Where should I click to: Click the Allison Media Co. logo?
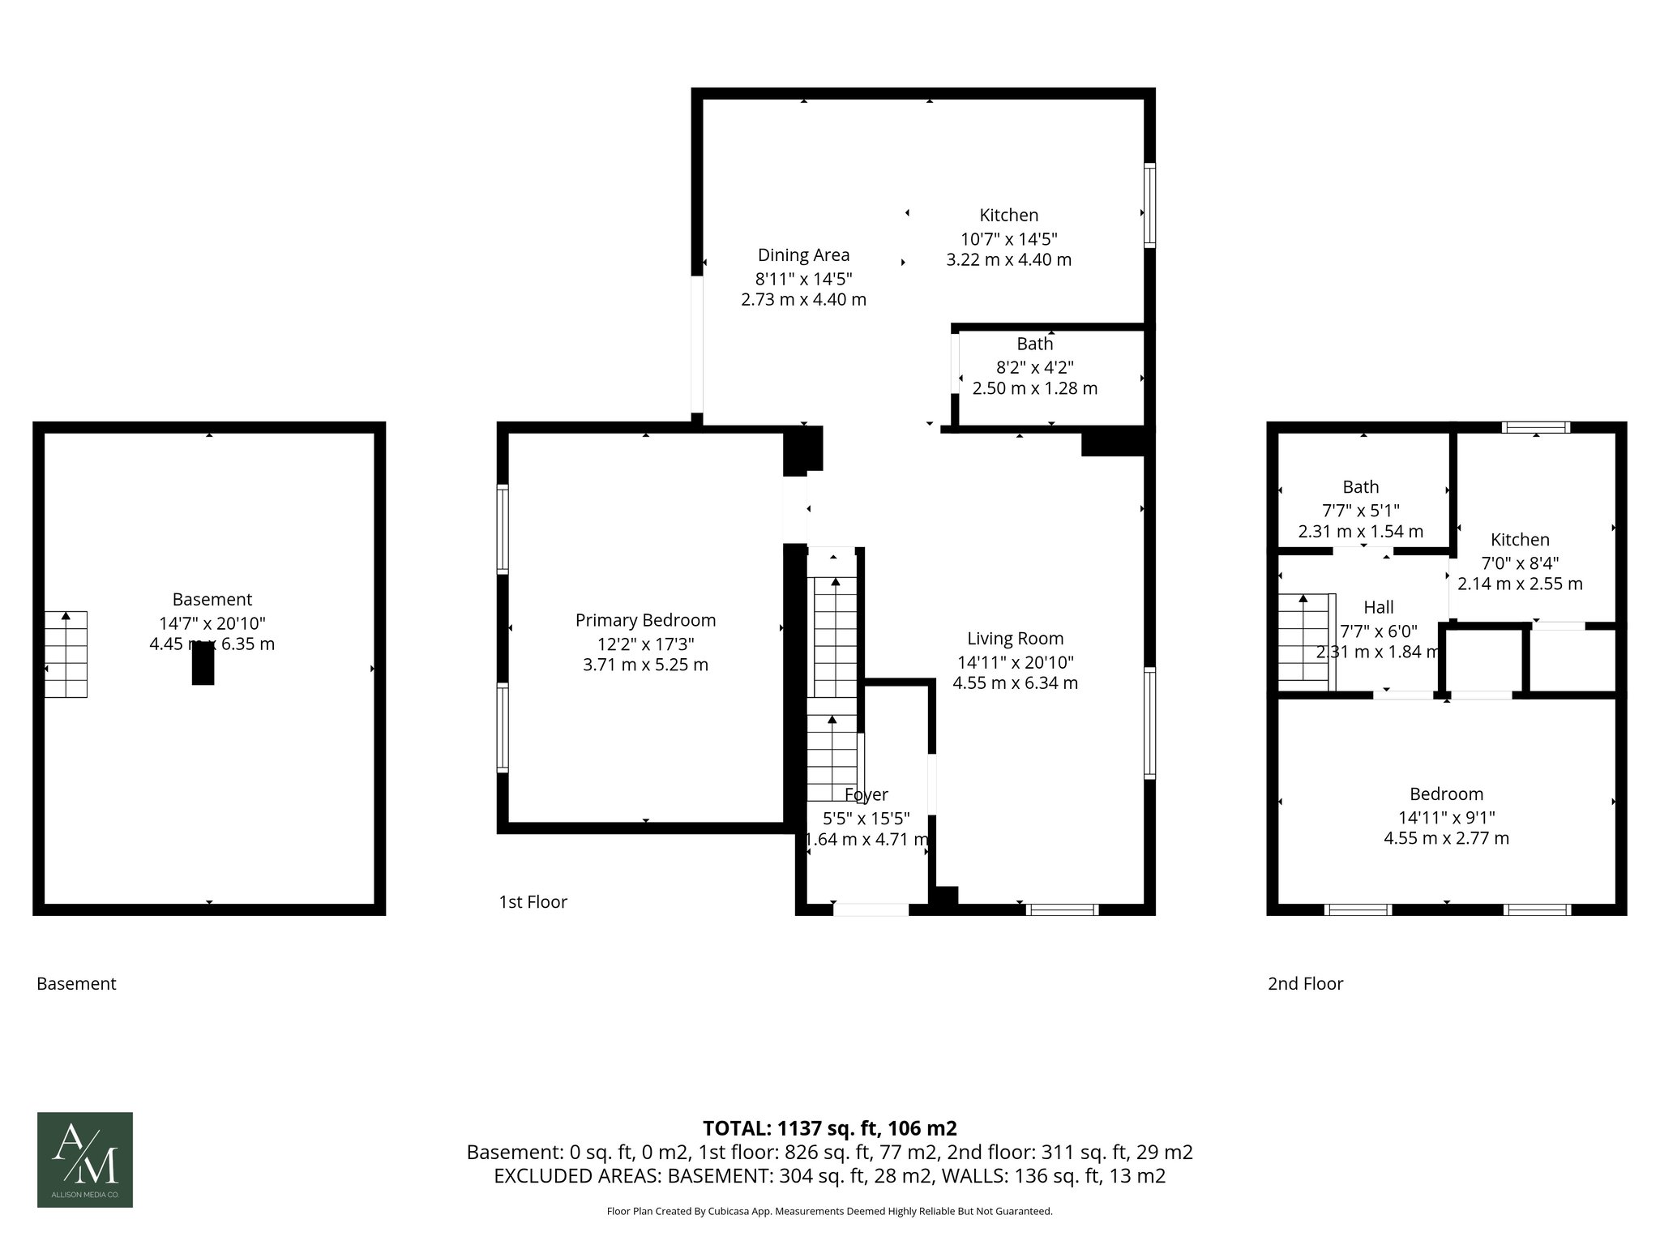pyautogui.click(x=84, y=1159)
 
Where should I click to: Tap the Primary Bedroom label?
pyautogui.click(x=645, y=620)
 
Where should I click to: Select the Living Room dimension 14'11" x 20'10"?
pyautogui.click(x=1015, y=661)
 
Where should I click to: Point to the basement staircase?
pyautogui.click(x=66, y=654)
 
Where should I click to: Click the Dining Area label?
pyautogui.click(x=803, y=255)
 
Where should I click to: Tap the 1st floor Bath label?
pyautogui.click(x=1034, y=344)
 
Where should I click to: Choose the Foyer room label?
pyautogui.click(x=866, y=794)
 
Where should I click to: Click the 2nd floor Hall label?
pyautogui.click(x=1378, y=607)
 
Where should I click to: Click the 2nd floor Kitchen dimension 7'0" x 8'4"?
pyautogui.click(x=1520, y=563)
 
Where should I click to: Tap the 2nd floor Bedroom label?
pyautogui.click(x=1446, y=794)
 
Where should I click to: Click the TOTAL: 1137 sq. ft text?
pyautogui.click(x=829, y=1127)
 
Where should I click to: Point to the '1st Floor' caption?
pyautogui.click(x=533, y=901)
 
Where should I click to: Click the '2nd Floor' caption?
pyautogui.click(x=1305, y=983)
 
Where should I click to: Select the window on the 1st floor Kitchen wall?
pyautogui.click(x=1149, y=205)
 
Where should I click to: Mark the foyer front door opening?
pyautogui.click(x=871, y=909)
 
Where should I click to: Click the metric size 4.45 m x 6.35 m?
pyautogui.click(x=212, y=644)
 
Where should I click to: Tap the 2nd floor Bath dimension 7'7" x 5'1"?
pyautogui.click(x=1360, y=511)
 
